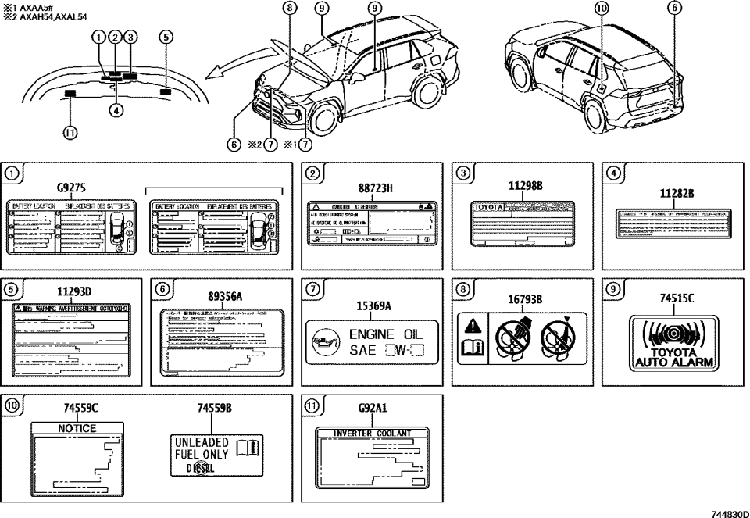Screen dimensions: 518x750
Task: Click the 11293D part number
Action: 73,291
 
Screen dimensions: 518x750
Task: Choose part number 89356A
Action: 224,296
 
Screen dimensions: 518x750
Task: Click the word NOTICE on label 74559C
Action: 77,428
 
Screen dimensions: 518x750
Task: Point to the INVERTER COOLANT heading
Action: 373,433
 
